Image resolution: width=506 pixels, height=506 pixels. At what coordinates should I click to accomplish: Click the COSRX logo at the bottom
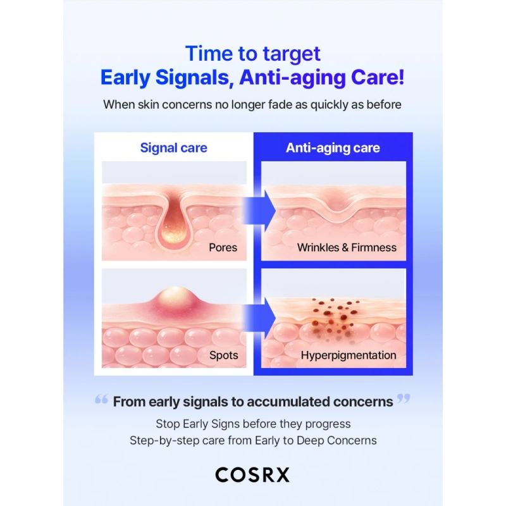tap(252, 475)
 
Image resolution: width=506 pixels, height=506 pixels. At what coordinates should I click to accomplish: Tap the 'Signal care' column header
tap(173, 148)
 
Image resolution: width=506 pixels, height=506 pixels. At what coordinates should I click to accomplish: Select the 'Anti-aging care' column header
tap(333, 148)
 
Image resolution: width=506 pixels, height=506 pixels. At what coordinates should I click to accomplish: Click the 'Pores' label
tap(223, 247)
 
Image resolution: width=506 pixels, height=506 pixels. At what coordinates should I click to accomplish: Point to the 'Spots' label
tap(224, 355)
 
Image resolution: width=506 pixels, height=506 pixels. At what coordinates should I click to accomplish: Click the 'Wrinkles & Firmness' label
tap(347, 247)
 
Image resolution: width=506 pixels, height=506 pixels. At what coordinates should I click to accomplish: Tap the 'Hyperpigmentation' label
tap(349, 355)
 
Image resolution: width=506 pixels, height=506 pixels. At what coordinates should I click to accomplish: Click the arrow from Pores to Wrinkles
tap(259, 211)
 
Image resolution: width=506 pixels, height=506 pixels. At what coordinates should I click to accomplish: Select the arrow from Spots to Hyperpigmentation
tap(259, 318)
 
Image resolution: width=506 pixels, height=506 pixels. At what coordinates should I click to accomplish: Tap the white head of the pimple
tap(175, 295)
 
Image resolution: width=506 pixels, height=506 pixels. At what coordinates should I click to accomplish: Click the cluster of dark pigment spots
tap(334, 318)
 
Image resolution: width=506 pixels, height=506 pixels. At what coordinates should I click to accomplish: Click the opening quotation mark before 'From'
tap(101, 400)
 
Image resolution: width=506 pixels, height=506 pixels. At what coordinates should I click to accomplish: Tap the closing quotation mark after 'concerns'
tap(404, 398)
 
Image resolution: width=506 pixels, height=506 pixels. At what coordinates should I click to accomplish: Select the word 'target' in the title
tap(292, 54)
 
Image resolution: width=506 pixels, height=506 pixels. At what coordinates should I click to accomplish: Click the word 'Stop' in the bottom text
tap(168, 424)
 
